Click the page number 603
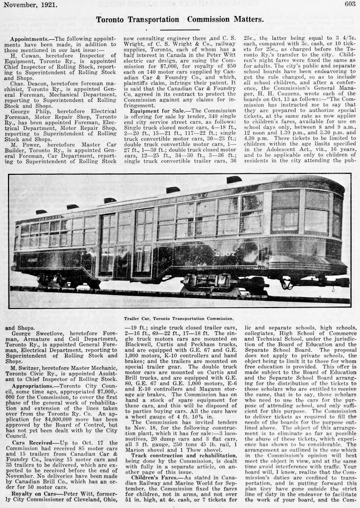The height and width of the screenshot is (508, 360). pos(350,4)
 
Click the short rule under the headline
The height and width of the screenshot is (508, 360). pos(180,29)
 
